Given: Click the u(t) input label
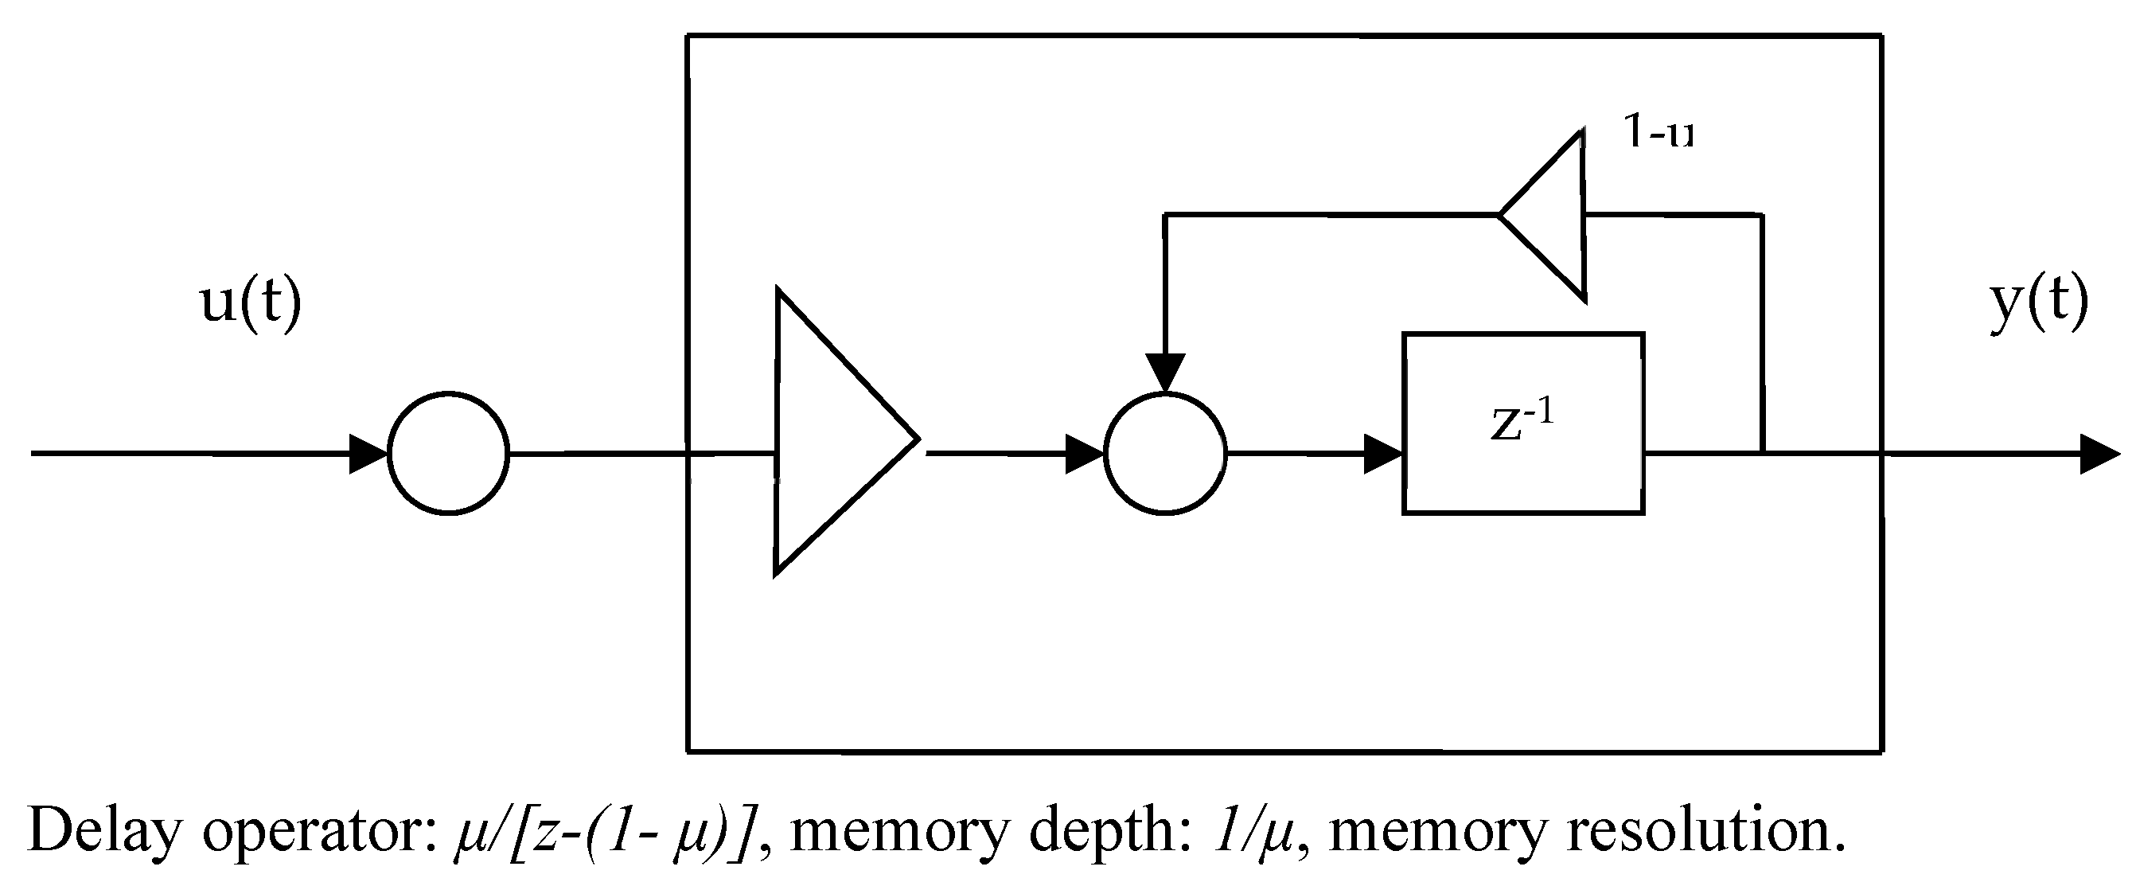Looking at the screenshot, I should [251, 303].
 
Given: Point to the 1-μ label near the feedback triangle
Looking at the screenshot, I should [1658, 133].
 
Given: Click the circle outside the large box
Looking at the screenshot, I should [448, 454].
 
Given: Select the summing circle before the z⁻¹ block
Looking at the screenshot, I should [1164, 454].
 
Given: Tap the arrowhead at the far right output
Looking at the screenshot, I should [2102, 455].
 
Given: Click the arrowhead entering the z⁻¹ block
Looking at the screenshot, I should [1383, 455].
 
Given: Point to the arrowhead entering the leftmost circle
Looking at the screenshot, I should [368, 455].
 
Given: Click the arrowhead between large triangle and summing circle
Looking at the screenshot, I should [1084, 455].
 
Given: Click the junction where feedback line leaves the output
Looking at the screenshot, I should [1761, 454].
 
